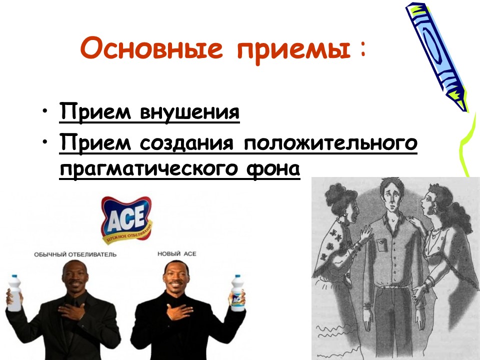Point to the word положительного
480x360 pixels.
(x=330, y=144)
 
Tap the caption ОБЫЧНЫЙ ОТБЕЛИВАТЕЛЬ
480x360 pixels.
(x=75, y=254)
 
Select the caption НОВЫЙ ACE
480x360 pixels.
(x=176, y=254)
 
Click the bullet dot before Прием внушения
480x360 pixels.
(x=46, y=110)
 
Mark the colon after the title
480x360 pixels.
(x=362, y=48)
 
